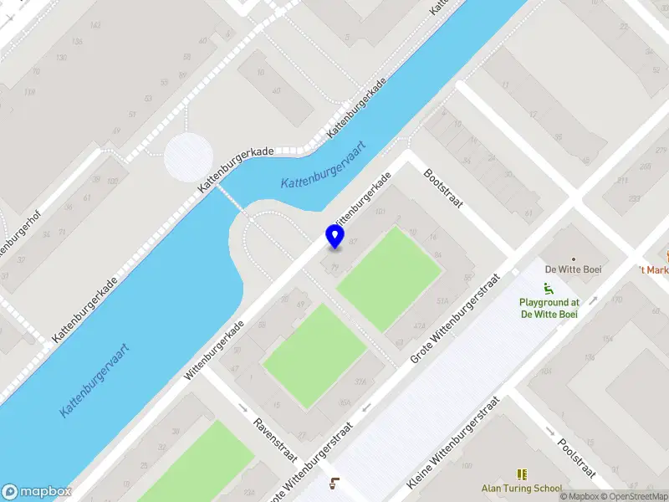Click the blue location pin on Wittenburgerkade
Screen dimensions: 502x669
(x=334, y=237)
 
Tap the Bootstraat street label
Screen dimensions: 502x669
(x=442, y=189)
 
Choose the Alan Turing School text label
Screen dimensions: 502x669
(x=522, y=489)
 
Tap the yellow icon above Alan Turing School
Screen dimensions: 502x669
(x=523, y=474)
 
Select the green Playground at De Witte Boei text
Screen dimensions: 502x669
(x=549, y=308)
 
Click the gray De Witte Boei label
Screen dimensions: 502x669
(x=573, y=269)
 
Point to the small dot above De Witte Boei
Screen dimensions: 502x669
(x=573, y=259)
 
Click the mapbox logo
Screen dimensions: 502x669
(x=37, y=492)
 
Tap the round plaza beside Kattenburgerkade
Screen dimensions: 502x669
(x=189, y=156)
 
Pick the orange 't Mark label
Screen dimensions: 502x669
(x=654, y=269)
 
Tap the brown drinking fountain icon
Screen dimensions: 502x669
(x=335, y=483)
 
